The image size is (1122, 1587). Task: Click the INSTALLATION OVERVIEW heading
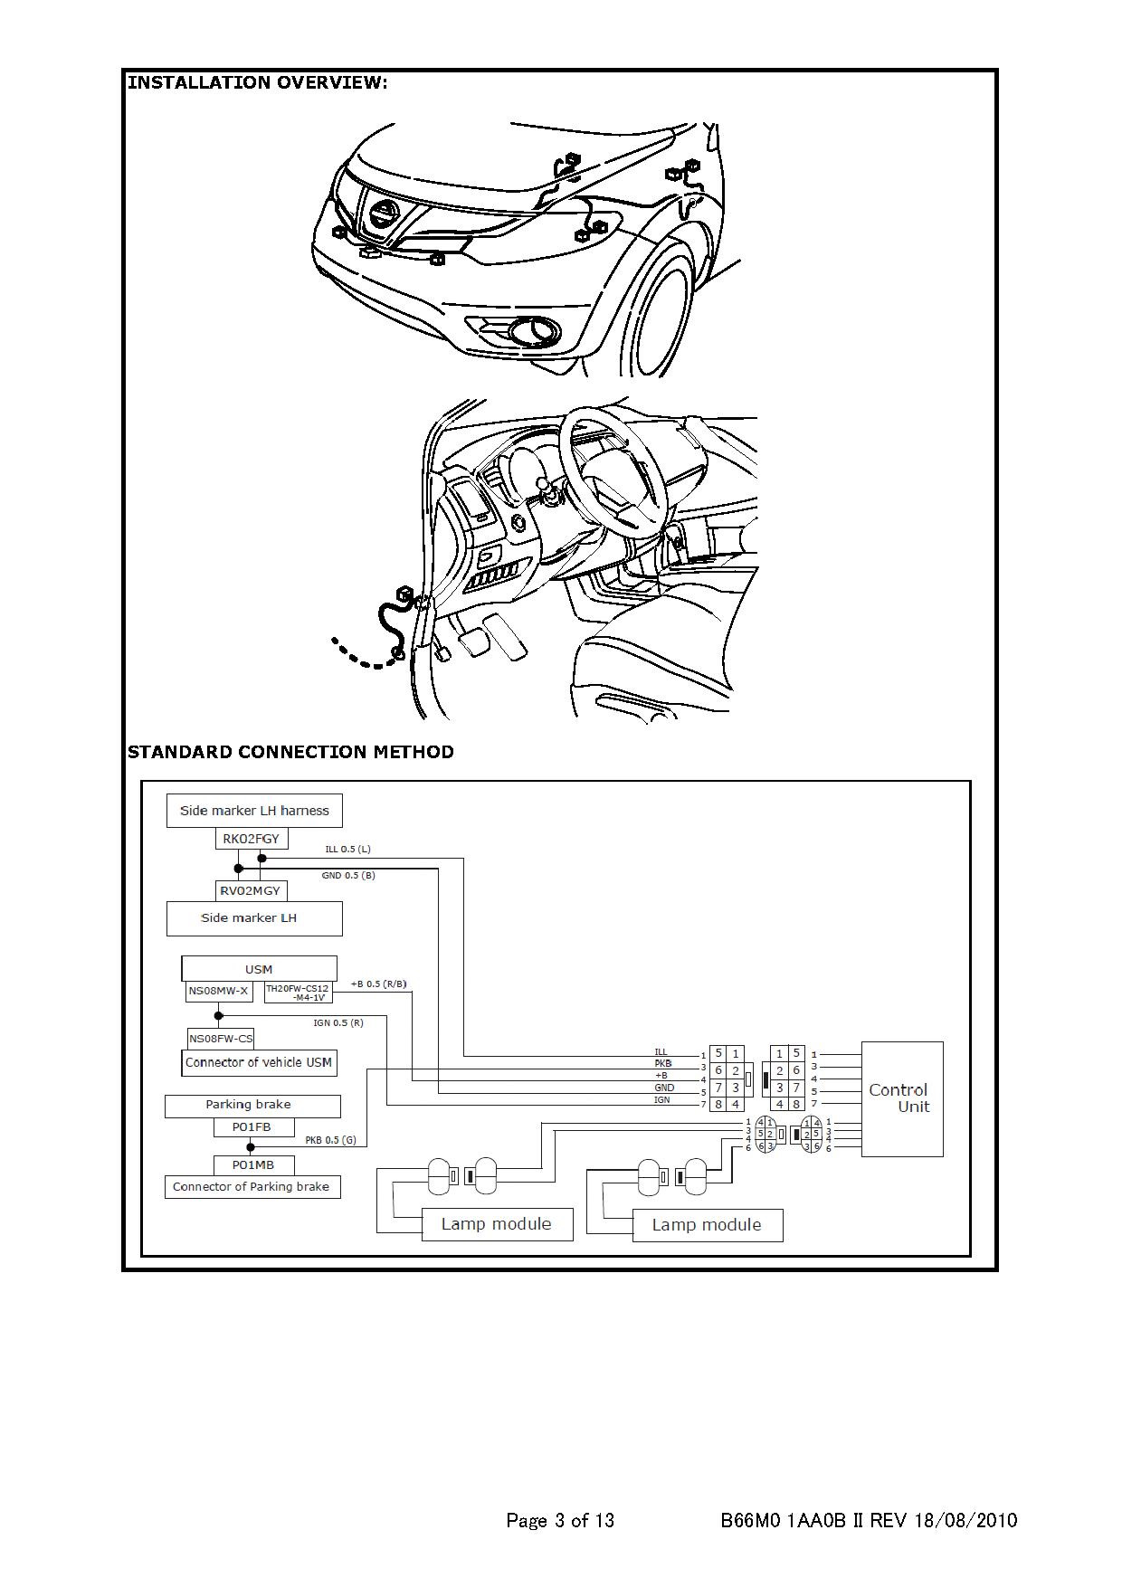[258, 83]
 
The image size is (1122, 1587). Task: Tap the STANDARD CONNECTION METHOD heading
[290, 752]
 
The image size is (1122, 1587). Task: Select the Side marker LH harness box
[254, 811]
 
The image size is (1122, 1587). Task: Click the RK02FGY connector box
[251, 839]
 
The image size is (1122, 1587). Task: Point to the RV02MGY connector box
[251, 890]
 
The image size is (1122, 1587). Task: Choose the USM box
[259, 969]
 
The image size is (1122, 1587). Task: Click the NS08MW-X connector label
[218, 991]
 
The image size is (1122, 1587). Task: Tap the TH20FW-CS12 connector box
[298, 993]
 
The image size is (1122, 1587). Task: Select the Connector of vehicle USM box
[259, 1062]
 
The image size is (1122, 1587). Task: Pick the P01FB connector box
[252, 1127]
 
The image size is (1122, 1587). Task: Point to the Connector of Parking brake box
[252, 1187]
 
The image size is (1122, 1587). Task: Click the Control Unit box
[901, 1098]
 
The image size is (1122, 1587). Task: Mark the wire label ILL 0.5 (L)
[347, 850]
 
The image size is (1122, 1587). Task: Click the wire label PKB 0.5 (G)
[330, 1140]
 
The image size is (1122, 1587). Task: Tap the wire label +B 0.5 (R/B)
[378, 984]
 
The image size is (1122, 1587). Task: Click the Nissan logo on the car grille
[382, 214]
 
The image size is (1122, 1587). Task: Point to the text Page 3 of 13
[560, 1520]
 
